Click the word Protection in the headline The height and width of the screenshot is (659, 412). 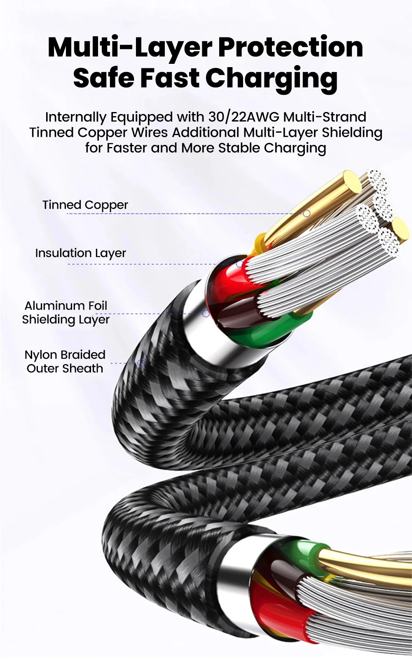click(x=290, y=47)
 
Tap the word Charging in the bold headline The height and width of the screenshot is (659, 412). click(x=272, y=78)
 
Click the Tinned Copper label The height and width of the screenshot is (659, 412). click(x=85, y=205)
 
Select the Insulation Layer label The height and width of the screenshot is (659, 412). click(x=80, y=253)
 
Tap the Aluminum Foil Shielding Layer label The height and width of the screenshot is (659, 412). click(x=66, y=313)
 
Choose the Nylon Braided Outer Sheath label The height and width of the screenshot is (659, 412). click(x=65, y=362)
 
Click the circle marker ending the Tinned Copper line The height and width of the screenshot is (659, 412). click(x=307, y=213)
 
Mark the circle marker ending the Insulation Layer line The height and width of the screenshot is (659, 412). click(x=239, y=264)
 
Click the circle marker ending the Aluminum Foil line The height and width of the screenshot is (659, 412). click(x=206, y=314)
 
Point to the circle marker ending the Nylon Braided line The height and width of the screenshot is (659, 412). click(x=141, y=363)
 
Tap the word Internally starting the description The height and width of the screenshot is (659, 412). click(x=76, y=117)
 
